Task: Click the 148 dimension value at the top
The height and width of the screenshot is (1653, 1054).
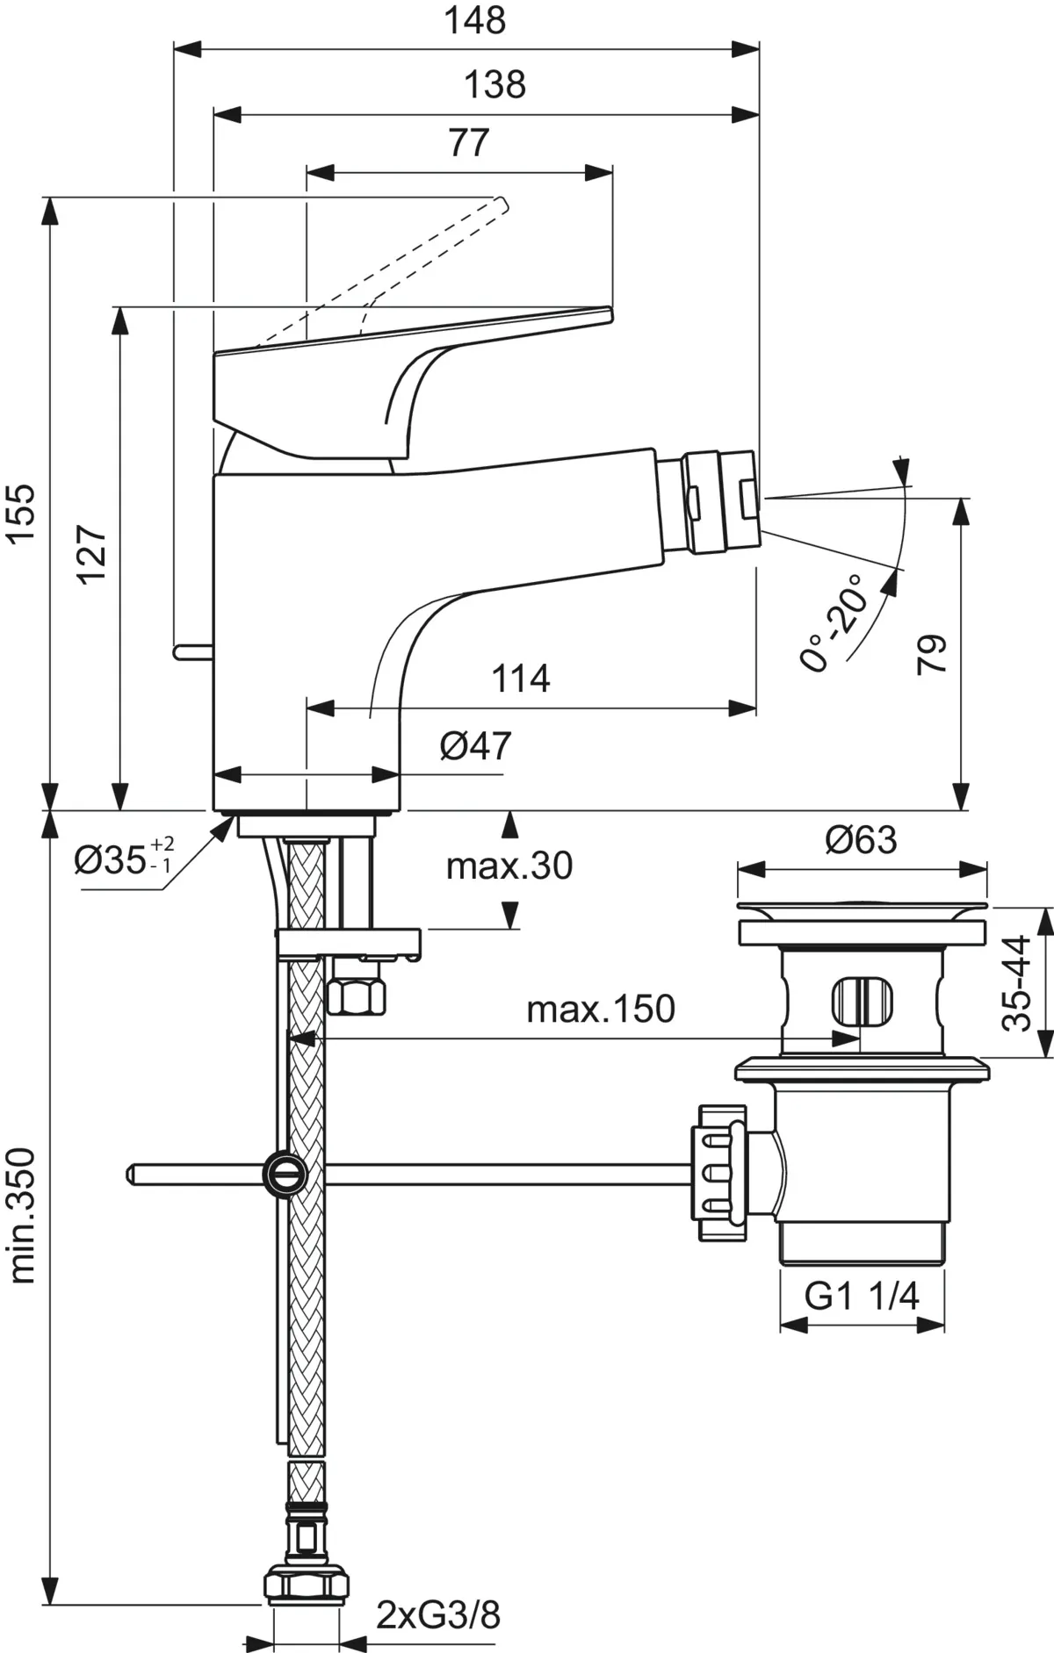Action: (x=474, y=21)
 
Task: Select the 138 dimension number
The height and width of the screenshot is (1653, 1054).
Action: (x=495, y=85)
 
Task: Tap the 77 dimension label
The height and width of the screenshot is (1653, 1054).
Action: (x=469, y=142)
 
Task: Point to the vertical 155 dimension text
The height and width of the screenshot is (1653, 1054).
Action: (x=24, y=513)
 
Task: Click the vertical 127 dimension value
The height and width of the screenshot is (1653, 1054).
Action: (x=91, y=553)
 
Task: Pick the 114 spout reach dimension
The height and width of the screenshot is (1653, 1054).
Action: (x=520, y=679)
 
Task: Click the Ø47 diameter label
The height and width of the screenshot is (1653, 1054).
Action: (x=475, y=746)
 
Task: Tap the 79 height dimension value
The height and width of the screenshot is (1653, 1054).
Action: (x=932, y=654)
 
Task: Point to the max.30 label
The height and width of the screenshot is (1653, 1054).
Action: (x=509, y=866)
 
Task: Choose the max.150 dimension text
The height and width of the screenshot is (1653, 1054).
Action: (x=601, y=1010)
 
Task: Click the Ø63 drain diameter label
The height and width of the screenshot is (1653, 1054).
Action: (x=861, y=840)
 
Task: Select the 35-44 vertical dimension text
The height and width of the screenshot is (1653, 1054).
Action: (x=1017, y=982)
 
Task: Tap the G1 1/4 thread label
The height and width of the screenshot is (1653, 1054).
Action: (x=862, y=1296)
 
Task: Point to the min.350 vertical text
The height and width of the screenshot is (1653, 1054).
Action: (x=24, y=1215)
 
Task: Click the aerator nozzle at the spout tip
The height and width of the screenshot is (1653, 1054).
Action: (x=723, y=501)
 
